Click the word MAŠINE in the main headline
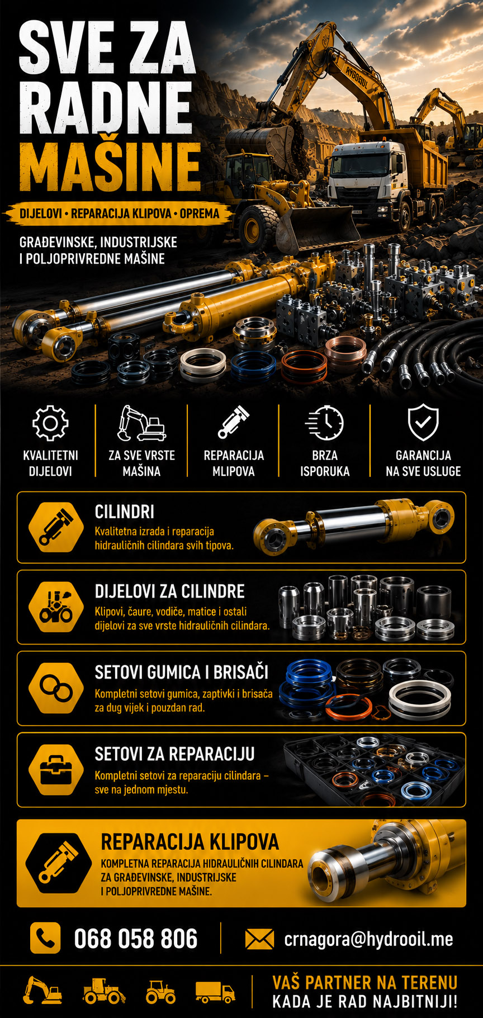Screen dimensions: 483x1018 [110, 166]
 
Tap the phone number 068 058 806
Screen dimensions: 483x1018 [136, 939]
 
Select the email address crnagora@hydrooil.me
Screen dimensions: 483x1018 [368, 939]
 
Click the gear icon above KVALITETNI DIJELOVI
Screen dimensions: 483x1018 [50, 423]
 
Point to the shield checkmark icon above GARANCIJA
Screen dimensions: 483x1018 [423, 423]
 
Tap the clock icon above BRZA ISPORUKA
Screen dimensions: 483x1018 [325, 423]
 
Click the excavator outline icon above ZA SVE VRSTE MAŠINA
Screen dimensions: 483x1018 [141, 423]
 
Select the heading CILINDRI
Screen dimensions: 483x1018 [125, 512]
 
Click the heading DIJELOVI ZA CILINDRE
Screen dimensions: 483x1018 [170, 591]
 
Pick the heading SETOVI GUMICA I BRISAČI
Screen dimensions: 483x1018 [182, 672]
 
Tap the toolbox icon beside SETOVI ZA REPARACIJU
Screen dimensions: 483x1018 [56, 770]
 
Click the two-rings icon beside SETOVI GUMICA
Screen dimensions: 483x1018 [56, 688]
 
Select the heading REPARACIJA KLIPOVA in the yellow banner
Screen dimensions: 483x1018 [190, 842]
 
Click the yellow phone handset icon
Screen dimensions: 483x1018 [45, 938]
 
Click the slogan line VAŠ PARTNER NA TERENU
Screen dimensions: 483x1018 [364, 982]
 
